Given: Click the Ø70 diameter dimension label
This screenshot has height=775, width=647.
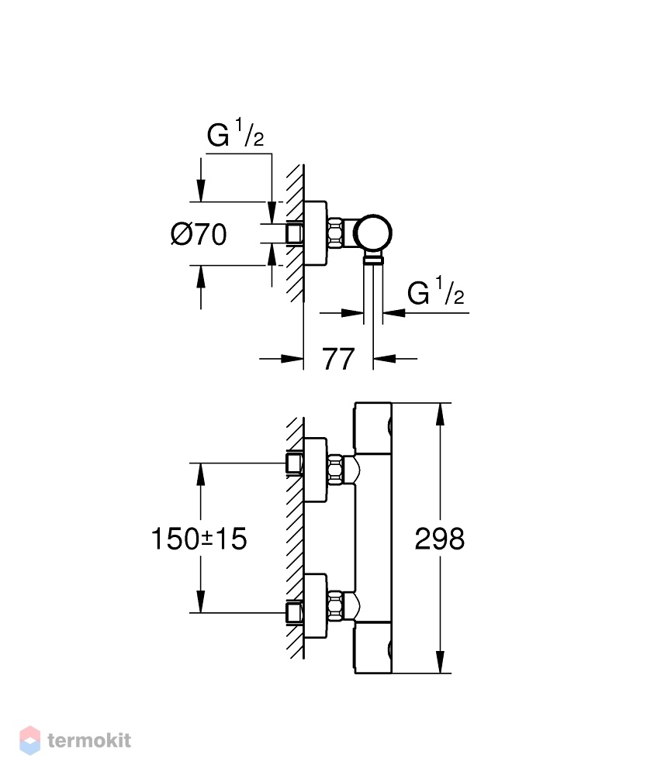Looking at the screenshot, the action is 199,234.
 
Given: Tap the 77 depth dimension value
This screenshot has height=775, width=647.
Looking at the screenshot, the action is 338,360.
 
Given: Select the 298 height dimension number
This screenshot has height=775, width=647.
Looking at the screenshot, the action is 439,539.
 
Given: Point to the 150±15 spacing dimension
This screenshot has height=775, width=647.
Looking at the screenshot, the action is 199,539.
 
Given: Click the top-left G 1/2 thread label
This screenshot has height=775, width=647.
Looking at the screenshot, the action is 236,133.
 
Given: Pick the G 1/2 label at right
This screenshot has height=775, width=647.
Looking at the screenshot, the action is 436,291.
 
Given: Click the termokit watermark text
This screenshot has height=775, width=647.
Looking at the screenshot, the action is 89,740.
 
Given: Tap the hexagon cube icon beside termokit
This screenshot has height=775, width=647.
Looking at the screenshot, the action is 29,740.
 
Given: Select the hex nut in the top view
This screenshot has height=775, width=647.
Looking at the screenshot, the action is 335,232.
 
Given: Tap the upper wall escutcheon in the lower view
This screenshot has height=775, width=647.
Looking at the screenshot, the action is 315,470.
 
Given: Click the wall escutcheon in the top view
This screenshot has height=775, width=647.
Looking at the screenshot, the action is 315,233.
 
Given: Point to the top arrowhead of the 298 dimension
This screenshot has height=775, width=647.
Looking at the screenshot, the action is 439,414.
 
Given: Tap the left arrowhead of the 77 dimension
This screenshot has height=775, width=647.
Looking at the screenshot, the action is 292,359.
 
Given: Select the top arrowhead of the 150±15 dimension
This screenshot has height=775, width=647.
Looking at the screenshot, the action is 200,474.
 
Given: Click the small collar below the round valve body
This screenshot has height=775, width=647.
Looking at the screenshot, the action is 373,259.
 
